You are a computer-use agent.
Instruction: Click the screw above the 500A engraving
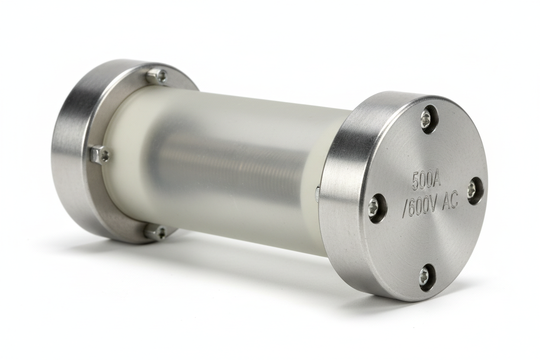coord(427,119)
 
